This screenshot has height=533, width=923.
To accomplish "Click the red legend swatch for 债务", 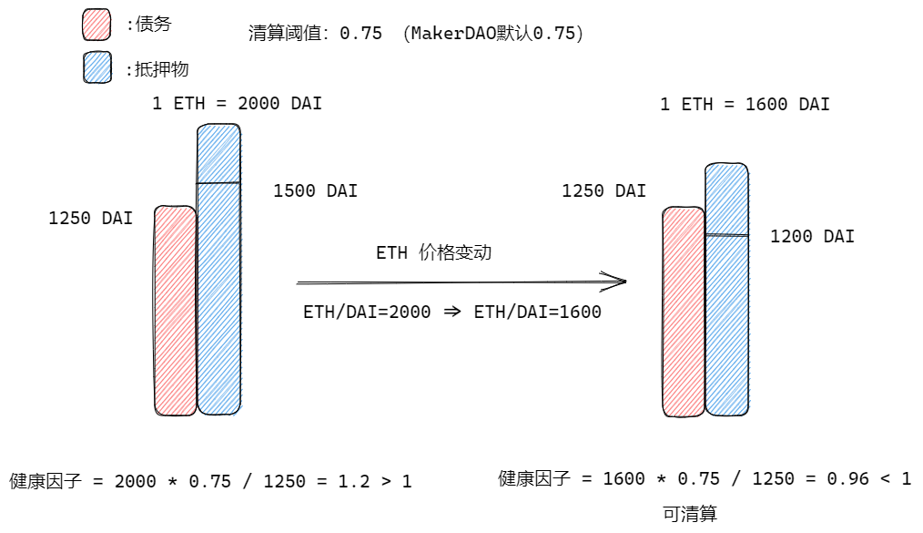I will [x=96, y=26].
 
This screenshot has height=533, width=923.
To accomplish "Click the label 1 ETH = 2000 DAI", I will [x=237, y=104].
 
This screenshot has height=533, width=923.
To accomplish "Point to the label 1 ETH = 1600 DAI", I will [x=745, y=105].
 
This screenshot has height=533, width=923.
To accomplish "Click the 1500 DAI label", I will [x=315, y=191].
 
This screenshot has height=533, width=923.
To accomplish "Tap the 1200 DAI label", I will [x=812, y=237].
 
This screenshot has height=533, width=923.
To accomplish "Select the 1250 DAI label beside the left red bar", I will [x=90, y=219].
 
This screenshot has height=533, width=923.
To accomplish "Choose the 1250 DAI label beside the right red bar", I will [x=603, y=191].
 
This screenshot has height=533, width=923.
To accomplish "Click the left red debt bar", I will [x=176, y=310].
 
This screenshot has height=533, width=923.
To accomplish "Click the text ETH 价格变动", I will [x=433, y=253].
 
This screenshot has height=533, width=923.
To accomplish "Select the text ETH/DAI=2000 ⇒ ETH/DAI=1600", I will [x=451, y=313].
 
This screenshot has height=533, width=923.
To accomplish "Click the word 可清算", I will [x=690, y=515].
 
